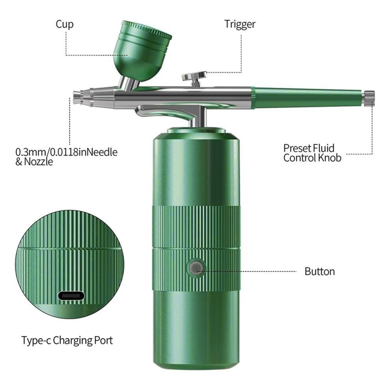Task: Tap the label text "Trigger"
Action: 240,24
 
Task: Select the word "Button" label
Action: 319,271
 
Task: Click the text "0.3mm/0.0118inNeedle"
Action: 67,152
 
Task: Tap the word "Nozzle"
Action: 39,162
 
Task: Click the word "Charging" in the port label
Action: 72,340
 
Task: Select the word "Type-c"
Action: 36,340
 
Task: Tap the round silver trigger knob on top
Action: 195,76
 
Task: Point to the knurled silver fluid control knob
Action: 369,98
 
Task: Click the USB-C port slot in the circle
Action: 71,296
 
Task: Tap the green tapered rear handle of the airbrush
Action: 308,98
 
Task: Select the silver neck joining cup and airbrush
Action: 129,84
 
